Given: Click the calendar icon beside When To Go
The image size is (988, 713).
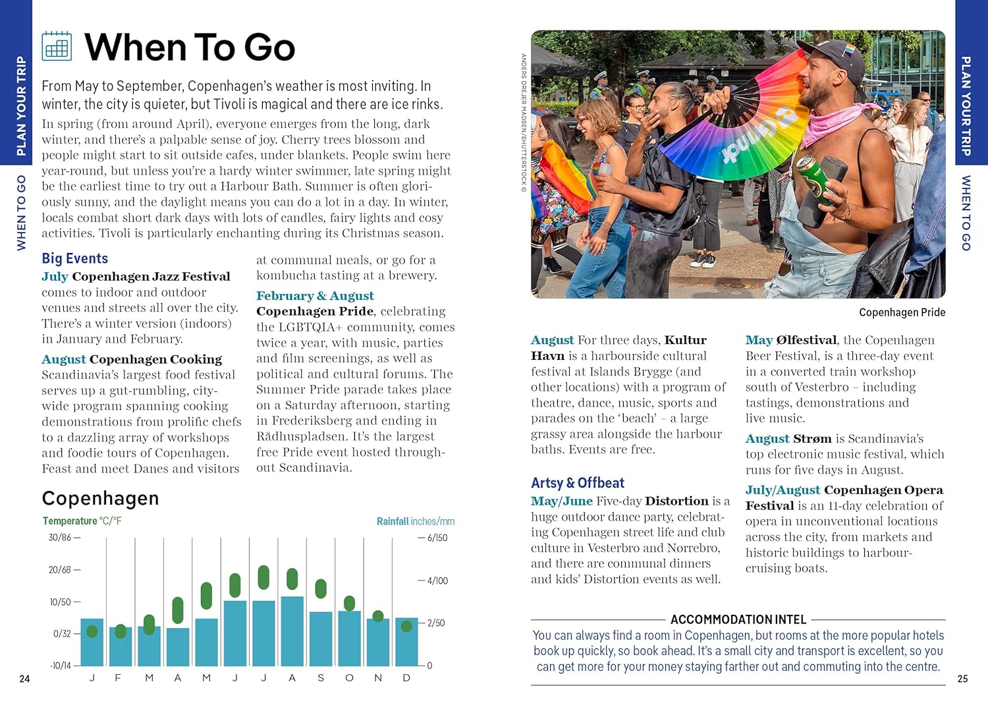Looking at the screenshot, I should pyautogui.click(x=57, y=46).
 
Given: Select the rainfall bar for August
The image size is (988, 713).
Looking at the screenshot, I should pyautogui.click(x=292, y=631).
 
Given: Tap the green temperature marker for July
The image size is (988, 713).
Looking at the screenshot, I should pyautogui.click(x=263, y=577).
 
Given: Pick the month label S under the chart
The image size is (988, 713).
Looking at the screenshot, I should pyautogui.click(x=321, y=678).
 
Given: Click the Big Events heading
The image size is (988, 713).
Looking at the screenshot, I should pyautogui.click(x=74, y=258).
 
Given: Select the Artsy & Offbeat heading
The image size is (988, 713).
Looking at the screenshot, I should pyautogui.click(x=577, y=483).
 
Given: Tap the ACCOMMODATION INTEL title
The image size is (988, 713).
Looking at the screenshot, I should pyautogui.click(x=738, y=619).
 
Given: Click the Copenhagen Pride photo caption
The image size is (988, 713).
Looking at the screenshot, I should pyautogui.click(x=902, y=312).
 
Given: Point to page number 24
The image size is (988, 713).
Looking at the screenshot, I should pyautogui.click(x=24, y=679).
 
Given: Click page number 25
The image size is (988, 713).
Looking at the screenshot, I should pyautogui.click(x=962, y=679).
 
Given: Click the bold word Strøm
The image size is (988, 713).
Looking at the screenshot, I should pyautogui.click(x=812, y=439).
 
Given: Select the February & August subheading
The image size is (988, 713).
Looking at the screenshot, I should pyautogui.click(x=315, y=296).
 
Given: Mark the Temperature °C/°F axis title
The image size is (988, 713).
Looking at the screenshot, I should pyautogui.click(x=82, y=521).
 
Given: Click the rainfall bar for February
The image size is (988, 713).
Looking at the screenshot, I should pyautogui.click(x=121, y=646).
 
